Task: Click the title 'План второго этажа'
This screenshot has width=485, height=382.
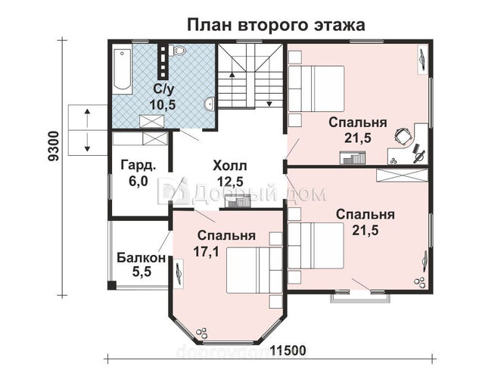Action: (x=276, y=26)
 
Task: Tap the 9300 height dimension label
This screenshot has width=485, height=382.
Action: (x=53, y=146)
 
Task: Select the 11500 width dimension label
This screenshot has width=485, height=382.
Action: (x=288, y=351)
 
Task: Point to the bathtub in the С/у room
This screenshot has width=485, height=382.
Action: (x=122, y=70)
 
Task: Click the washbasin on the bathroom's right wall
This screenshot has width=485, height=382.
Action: (x=210, y=104)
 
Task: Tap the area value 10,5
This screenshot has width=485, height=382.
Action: (x=163, y=104)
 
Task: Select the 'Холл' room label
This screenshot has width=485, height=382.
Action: (x=230, y=166)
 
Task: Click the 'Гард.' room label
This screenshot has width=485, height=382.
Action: (x=138, y=166)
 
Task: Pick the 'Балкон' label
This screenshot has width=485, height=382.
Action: (x=141, y=258)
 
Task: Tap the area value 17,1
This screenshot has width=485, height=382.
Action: (x=207, y=252)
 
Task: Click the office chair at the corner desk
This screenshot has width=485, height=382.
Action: (x=403, y=136)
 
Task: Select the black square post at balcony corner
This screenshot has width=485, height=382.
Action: (x=111, y=285)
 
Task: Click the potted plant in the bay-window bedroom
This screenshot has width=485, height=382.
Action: (x=203, y=333)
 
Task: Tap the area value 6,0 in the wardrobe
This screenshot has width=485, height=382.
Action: (x=138, y=181)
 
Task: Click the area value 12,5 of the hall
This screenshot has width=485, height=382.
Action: (x=230, y=182)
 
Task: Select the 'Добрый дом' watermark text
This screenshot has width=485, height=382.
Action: (x=242, y=194)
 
